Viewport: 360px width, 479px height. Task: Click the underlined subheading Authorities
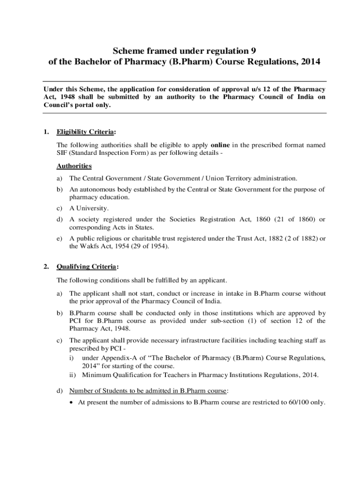pos(74,166)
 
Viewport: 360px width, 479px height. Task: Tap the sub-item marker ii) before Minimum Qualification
pos(73,374)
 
